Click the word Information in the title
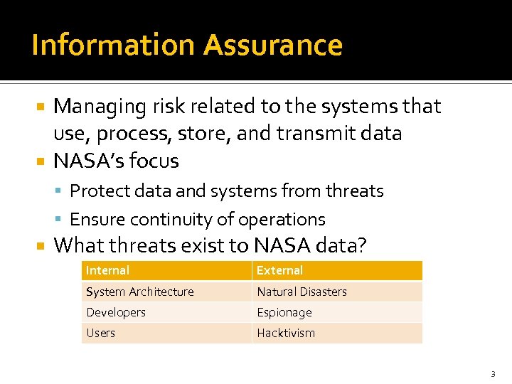[113, 45]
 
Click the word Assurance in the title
[272, 45]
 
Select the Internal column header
[107, 270]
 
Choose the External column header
[279, 270]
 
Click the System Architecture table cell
[139, 292]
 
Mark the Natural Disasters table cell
[302, 292]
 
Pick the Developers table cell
[115, 312]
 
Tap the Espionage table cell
[284, 312]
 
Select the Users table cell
[100, 333]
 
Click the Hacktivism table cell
[285, 333]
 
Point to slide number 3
[492, 373]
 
